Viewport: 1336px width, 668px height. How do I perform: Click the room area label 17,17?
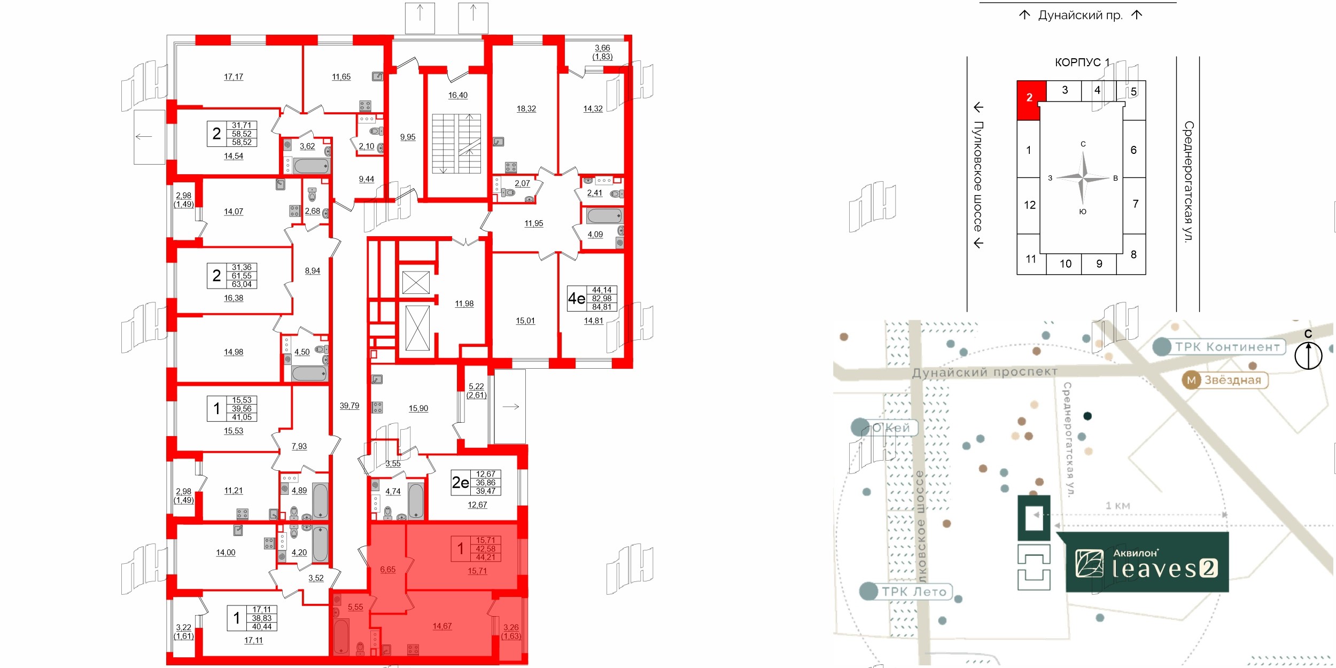[234, 77]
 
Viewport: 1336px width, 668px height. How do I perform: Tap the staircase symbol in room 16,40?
[456, 143]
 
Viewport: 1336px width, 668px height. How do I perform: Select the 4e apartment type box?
[593, 298]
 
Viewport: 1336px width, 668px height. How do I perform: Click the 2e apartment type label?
[461, 483]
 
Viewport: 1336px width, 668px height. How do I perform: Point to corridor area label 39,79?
[349, 406]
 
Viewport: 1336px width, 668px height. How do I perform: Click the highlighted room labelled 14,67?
[442, 626]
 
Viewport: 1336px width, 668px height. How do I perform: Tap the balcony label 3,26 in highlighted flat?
[511, 631]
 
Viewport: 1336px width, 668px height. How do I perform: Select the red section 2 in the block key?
[1030, 99]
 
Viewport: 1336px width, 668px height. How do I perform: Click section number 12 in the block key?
[1030, 205]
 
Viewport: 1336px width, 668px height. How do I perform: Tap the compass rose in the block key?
[1083, 178]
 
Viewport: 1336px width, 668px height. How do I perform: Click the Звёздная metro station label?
[1225, 380]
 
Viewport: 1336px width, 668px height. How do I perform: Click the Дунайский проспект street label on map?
[984, 372]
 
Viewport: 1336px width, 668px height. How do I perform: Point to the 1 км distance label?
[1117, 506]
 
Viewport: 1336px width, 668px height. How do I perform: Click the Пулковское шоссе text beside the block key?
[978, 176]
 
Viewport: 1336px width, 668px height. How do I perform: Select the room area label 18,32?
[526, 108]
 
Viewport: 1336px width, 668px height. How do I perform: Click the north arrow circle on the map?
[1308, 355]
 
